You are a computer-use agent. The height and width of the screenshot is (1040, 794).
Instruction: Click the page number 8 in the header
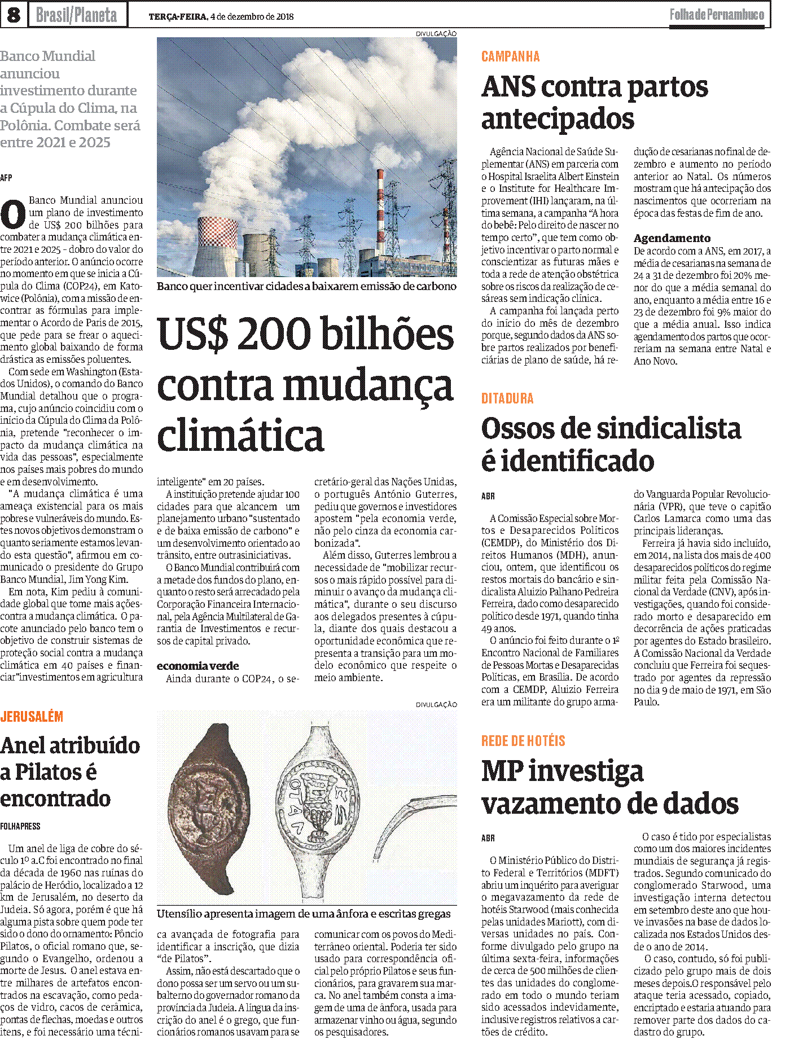pos(14,15)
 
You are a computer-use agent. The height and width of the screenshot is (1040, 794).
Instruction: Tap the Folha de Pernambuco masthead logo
pos(717,15)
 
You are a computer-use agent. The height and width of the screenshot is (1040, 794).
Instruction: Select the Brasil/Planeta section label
pos(76,15)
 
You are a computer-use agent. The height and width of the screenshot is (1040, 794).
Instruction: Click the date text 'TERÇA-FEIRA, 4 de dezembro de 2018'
pos(221,17)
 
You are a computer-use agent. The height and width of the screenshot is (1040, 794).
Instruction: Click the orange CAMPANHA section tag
pos(510,56)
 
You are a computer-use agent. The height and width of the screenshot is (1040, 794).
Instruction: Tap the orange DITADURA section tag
pos(507,398)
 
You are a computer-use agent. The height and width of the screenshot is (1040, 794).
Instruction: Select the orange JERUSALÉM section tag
pos(32,717)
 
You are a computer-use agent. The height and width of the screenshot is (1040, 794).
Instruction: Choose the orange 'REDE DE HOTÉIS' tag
pos(523,741)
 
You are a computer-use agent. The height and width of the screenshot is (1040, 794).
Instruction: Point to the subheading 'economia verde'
pos(198,666)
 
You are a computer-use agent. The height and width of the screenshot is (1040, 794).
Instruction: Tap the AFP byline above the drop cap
pos(6,178)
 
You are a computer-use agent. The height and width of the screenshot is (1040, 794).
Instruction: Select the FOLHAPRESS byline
pos(20,826)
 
